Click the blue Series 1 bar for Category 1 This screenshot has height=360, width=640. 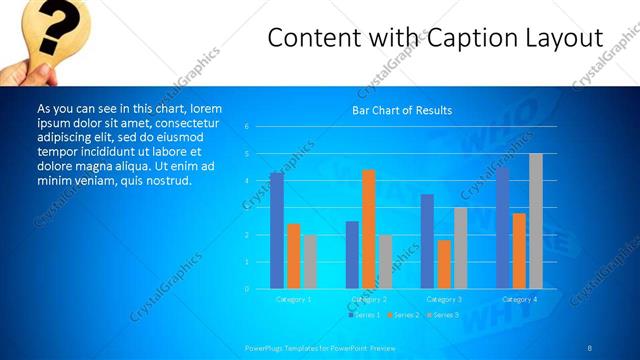tap(276, 231)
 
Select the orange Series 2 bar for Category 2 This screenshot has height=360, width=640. tap(368, 229)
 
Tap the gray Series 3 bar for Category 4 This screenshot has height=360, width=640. tap(535, 221)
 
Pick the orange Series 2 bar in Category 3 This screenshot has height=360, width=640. tap(444, 264)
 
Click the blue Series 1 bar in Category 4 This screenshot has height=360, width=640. tap(502, 228)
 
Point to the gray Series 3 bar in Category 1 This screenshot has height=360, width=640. tap(309, 262)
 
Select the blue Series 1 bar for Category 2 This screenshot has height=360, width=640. tap(352, 255)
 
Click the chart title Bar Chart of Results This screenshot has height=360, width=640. tap(402, 110)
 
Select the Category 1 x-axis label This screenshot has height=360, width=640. tap(293, 299)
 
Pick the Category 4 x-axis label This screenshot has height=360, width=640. tap(518, 299)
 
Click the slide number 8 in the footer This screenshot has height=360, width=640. tap(590, 347)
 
